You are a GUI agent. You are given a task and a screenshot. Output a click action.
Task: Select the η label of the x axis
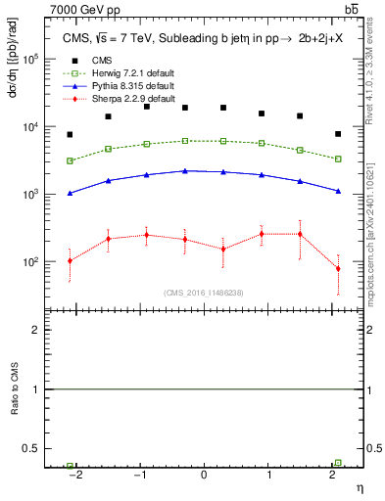click(360, 486)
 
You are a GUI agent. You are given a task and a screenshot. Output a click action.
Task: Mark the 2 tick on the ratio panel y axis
click(34, 330)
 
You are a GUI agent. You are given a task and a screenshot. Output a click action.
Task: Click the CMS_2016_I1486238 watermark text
click(203, 293)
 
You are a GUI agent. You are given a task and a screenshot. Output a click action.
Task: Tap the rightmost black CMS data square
click(338, 134)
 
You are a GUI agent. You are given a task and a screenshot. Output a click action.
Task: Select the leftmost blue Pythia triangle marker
click(70, 193)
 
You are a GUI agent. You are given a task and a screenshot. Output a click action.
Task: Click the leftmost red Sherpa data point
click(70, 260)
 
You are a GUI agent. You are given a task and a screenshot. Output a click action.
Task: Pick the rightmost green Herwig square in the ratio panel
click(338, 463)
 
